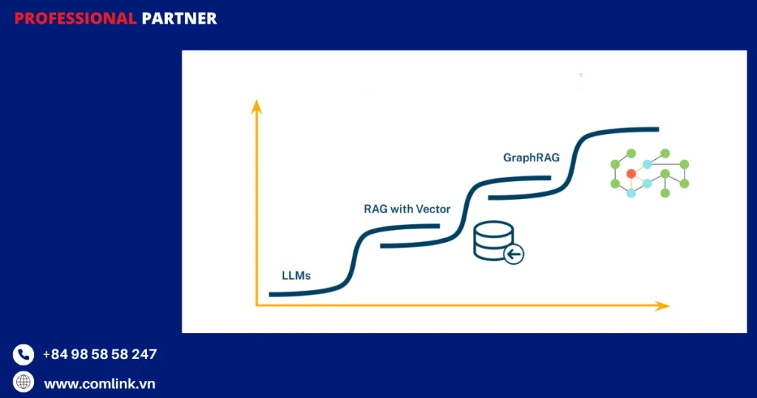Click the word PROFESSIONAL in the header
[x=75, y=18]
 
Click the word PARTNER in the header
[x=179, y=18]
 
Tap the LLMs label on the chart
[x=296, y=275]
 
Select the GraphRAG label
[x=532, y=158]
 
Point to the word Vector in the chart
[x=432, y=209]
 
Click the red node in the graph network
[x=631, y=174]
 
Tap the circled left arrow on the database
[x=514, y=255]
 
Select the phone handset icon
[x=24, y=355]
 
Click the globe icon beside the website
[x=24, y=382]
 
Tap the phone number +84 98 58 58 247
[x=99, y=354]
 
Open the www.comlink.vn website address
[x=99, y=384]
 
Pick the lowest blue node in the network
[x=631, y=193]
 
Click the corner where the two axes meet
[x=257, y=305]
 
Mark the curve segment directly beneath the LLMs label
[x=296, y=294]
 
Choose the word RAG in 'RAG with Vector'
[x=375, y=209]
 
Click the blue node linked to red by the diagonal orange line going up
[x=647, y=164]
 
